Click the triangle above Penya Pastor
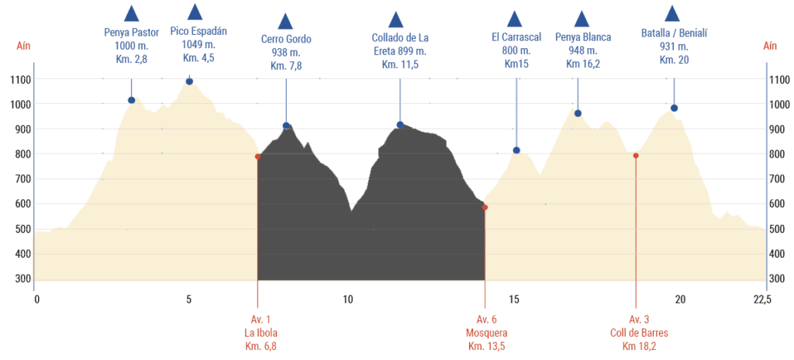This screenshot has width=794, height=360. click(132, 13)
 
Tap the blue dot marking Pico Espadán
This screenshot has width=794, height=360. click(189, 81)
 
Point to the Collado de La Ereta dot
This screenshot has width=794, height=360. click(400, 125)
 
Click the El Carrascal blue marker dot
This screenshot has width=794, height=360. click(516, 151)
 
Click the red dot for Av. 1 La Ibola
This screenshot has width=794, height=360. click(257, 157)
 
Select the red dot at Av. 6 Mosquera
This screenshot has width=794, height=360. click(485, 207)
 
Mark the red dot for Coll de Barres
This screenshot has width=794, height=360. click(636, 156)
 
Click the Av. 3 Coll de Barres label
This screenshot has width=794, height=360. click(639, 333)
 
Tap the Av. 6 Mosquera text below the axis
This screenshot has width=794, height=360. click(487, 333)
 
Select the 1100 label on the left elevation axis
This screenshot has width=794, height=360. click(21, 79)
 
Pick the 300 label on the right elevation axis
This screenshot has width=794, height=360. click(778, 279)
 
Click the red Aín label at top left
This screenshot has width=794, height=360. click(24, 46)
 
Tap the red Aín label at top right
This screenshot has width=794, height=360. click(770, 46)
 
